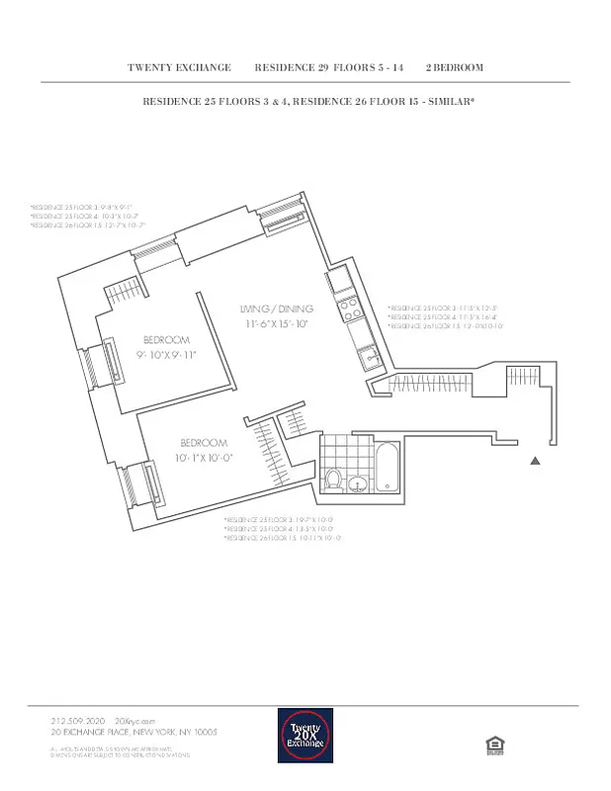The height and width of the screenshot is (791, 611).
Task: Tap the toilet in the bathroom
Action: tap(334, 482)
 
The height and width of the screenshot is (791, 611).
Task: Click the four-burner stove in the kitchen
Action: tap(349, 310)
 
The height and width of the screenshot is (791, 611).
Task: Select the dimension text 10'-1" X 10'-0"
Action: tap(205, 457)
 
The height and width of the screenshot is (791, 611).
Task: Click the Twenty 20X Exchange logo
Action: tap(305, 735)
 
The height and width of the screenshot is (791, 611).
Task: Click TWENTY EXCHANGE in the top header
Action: tap(179, 68)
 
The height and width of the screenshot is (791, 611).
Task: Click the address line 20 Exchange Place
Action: tap(132, 732)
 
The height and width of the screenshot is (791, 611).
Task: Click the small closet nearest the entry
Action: tap(519, 377)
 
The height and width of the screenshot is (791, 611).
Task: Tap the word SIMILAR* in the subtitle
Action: tap(450, 101)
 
